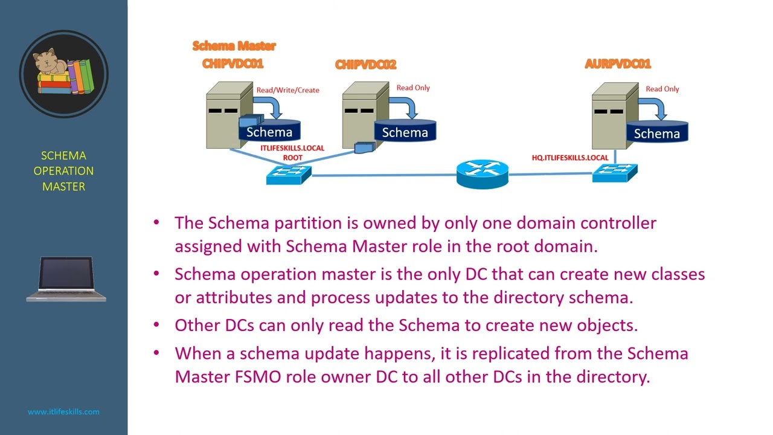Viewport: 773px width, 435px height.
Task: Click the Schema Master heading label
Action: pos(234,46)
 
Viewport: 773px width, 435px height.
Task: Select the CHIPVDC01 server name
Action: pos(233,63)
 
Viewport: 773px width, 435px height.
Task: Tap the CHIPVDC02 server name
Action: pos(365,65)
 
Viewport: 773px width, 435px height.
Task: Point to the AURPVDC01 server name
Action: pos(617,64)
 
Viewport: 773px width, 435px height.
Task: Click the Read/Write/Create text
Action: pos(287,90)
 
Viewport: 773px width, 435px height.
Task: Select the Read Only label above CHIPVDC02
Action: pos(413,88)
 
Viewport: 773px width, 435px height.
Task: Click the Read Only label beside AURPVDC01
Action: pos(662,89)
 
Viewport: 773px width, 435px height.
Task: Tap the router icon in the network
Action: pos(482,174)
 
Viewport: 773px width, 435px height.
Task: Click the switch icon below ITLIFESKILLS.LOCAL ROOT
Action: pos(288,175)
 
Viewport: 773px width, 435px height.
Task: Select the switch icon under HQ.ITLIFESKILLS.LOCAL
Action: pos(614,173)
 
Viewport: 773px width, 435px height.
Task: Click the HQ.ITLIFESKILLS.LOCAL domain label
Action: pos(569,158)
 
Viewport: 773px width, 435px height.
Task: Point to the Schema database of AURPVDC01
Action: pos(656,132)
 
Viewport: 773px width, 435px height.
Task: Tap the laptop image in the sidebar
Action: pos(66,279)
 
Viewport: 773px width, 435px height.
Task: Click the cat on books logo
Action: pos(63,73)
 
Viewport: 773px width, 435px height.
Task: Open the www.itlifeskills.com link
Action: pos(63,411)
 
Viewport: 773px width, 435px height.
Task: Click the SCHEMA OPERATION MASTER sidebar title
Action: pos(63,171)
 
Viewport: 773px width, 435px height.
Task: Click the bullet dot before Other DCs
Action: pos(157,324)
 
